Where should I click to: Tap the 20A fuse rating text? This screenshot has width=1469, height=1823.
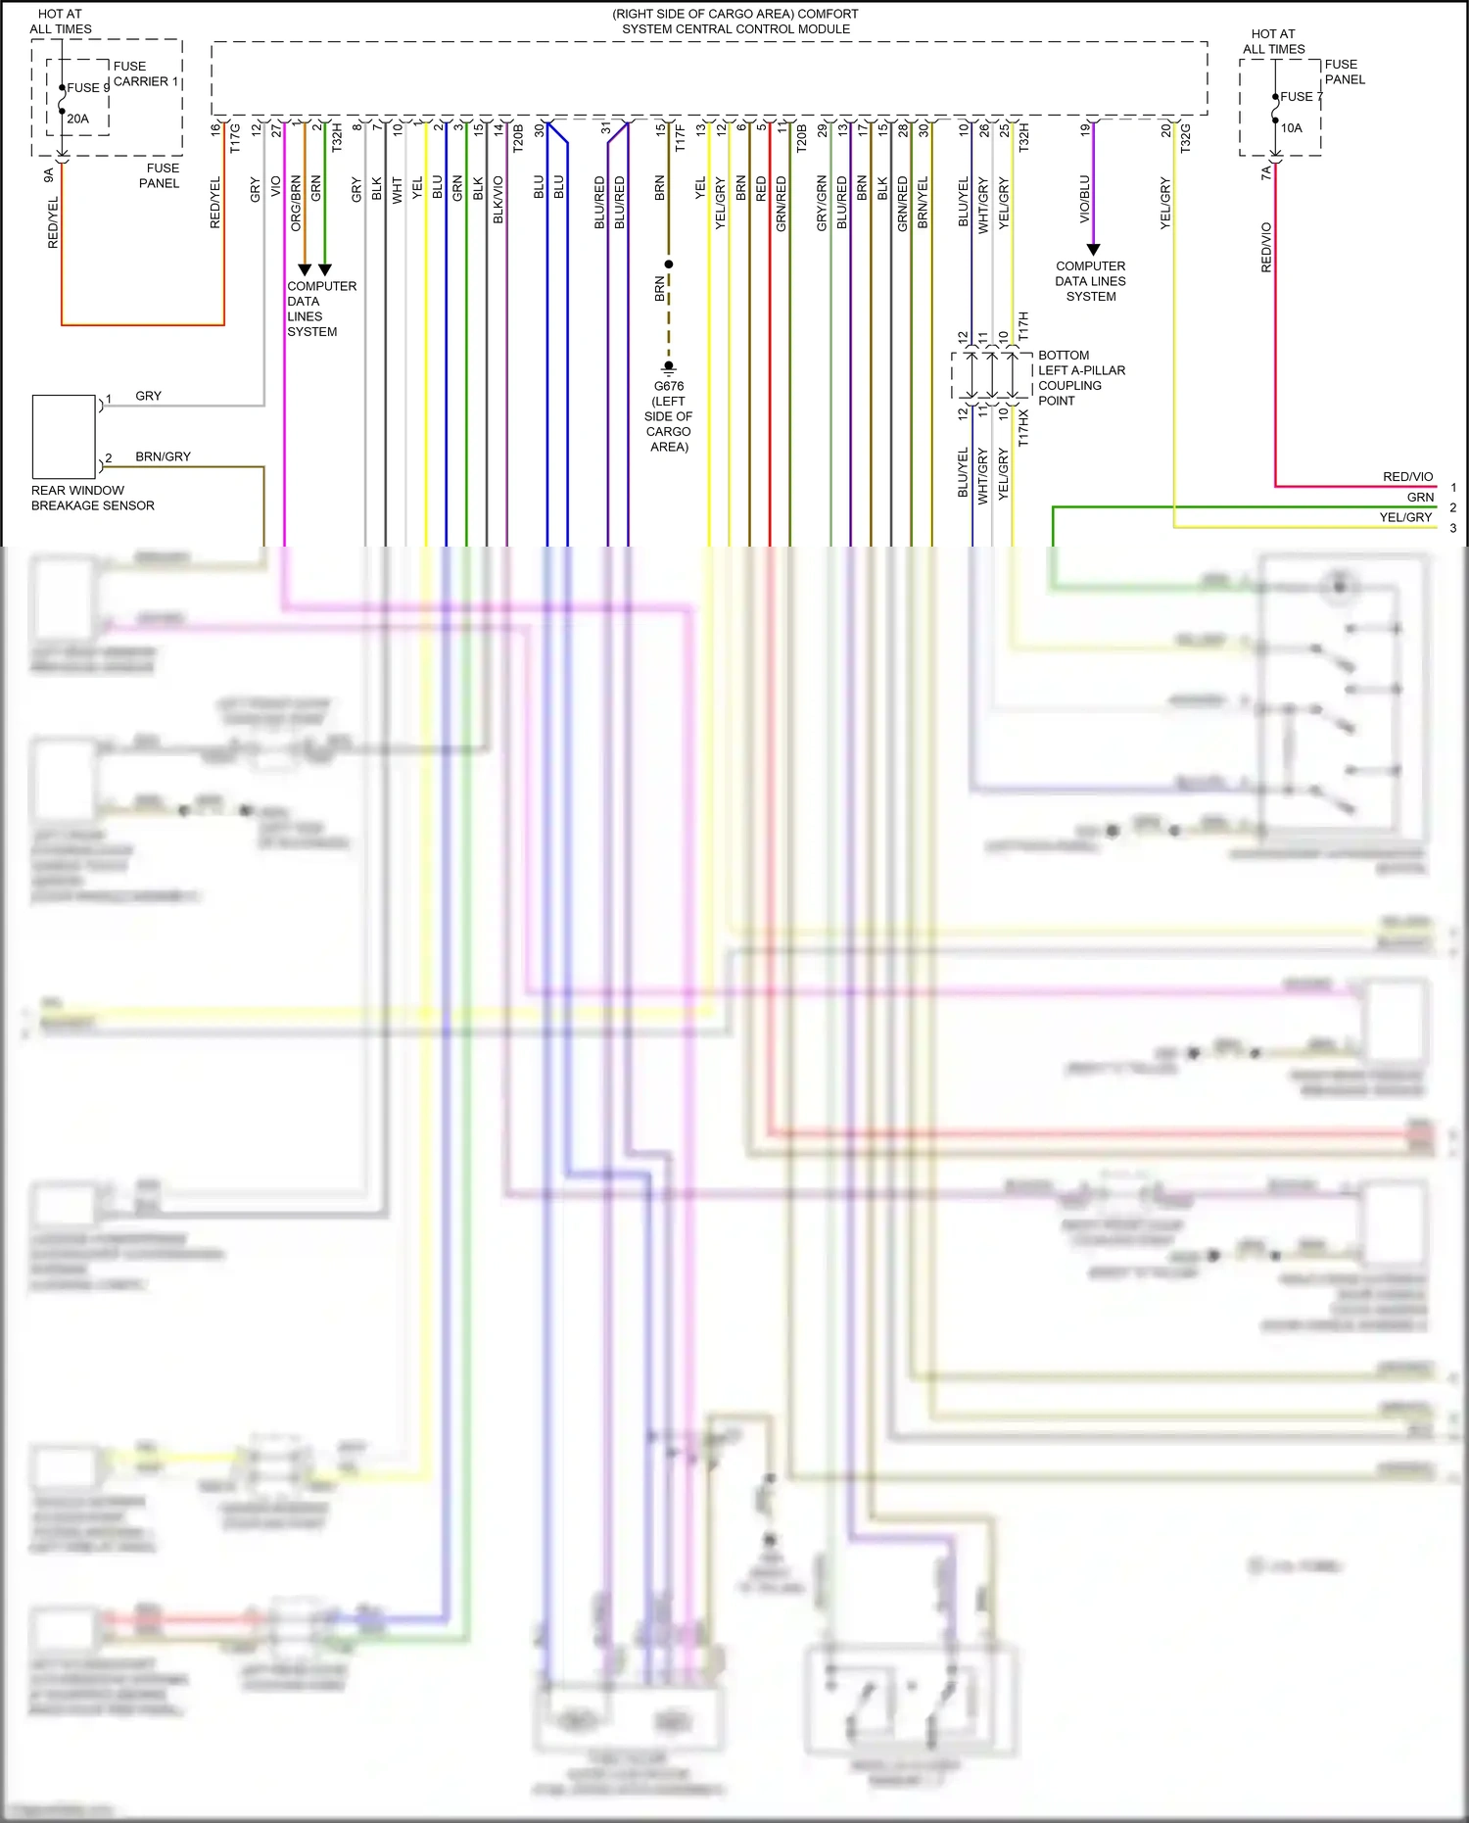click(77, 119)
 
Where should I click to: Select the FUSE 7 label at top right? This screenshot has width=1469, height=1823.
click(1301, 97)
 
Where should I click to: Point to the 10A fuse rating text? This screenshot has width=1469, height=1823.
click(1292, 127)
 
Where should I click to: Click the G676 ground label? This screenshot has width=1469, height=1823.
click(669, 386)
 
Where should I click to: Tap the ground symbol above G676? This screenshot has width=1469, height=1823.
click(669, 367)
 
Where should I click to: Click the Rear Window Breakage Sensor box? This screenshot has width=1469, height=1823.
click(64, 437)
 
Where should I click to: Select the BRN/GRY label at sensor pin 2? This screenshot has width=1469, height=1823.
click(163, 456)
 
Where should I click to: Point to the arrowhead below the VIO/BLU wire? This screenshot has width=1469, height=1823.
click(1094, 250)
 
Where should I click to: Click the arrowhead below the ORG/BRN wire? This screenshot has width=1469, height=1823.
click(305, 269)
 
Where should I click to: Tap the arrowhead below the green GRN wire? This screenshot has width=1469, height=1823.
click(325, 269)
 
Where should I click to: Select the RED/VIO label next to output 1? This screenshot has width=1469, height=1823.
click(1407, 477)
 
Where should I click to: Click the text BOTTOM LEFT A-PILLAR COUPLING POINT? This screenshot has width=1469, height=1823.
click(1081, 377)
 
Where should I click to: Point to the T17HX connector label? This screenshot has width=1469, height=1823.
click(1023, 427)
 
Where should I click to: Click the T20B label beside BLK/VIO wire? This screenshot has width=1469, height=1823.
click(518, 137)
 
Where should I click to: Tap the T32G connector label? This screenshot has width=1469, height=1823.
click(1185, 137)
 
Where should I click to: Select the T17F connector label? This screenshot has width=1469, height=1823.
click(681, 137)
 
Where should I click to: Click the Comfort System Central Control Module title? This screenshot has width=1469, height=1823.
click(735, 22)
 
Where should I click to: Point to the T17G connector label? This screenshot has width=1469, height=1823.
click(235, 137)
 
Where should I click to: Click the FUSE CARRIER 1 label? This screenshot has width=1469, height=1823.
click(146, 73)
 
